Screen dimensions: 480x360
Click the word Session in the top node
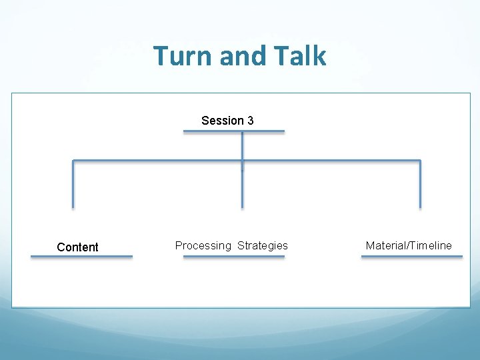click(223, 121)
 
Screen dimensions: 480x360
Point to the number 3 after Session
click(250, 121)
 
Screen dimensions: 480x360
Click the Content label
click(77, 247)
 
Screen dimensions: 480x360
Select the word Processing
click(203, 246)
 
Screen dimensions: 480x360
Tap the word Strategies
click(263, 246)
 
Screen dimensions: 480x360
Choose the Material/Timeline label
click(409, 246)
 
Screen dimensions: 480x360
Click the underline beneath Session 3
click(234, 131)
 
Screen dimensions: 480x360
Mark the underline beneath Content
click(81, 257)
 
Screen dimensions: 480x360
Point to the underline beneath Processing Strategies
click(234, 257)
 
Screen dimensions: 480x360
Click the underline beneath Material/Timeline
click(411, 257)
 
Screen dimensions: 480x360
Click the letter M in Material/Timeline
click(370, 246)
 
